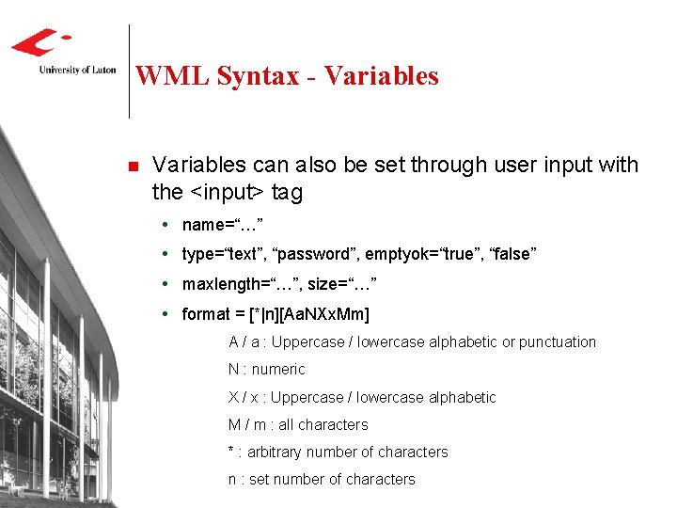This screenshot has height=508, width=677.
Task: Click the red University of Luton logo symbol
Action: click(39, 42)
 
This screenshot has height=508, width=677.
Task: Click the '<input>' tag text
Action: click(227, 193)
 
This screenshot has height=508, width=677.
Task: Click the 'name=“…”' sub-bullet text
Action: click(223, 225)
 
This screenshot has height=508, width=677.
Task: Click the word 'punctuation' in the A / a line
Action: click(558, 341)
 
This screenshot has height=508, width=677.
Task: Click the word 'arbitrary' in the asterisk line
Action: click(278, 452)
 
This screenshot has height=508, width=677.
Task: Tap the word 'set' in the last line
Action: click(260, 479)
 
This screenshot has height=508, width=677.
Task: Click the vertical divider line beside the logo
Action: click(129, 71)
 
